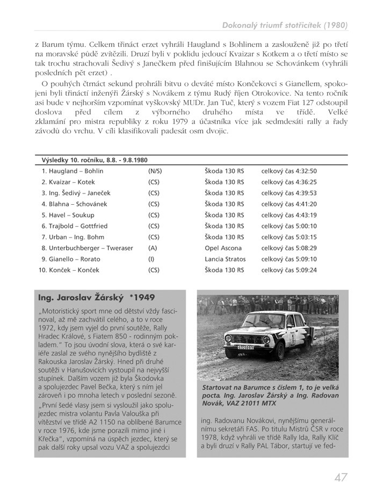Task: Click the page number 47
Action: [x=340, y=477]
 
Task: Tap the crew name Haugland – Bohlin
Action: [x=73, y=171]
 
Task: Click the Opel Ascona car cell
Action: [x=223, y=248]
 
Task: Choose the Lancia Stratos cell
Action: [x=225, y=259]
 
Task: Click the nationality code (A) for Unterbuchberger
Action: [x=152, y=248]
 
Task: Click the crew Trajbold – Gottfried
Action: [x=74, y=226]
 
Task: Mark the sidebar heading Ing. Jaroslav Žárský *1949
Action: [x=97, y=297]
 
